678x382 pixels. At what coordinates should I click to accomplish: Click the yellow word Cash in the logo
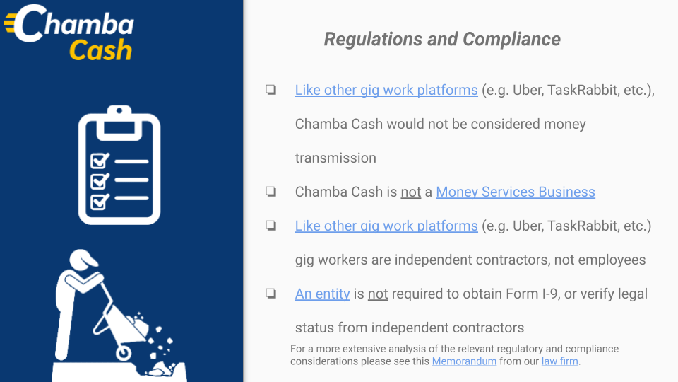(100, 50)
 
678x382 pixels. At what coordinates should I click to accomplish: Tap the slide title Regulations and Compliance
(442, 39)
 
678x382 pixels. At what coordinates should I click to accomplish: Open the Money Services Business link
(516, 192)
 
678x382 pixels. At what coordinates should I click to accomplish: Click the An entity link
(322, 294)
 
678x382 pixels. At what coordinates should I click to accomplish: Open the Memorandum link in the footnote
(464, 361)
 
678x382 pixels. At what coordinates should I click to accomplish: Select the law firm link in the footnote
(559, 361)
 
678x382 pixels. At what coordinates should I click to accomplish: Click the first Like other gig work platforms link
(386, 90)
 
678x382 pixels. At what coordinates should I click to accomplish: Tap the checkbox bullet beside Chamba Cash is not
(271, 192)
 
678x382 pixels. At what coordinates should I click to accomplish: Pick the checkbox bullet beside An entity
(271, 293)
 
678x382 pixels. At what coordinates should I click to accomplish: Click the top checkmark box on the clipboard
(100, 161)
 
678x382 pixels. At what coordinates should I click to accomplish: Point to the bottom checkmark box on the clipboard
(100, 202)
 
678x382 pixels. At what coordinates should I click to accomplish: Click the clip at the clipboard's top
(119, 122)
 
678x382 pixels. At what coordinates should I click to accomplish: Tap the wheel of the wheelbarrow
(123, 353)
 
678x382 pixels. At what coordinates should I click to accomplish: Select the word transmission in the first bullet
(335, 158)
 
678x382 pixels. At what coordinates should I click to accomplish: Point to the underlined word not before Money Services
(411, 192)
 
